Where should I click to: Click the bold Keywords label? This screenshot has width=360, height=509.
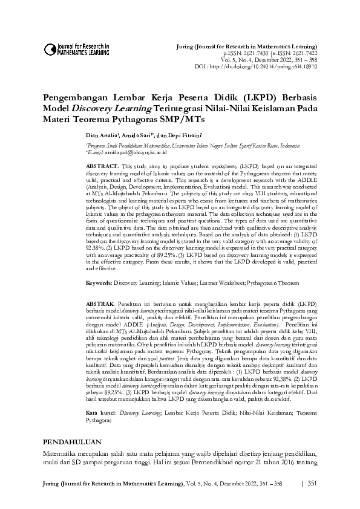[99, 282]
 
